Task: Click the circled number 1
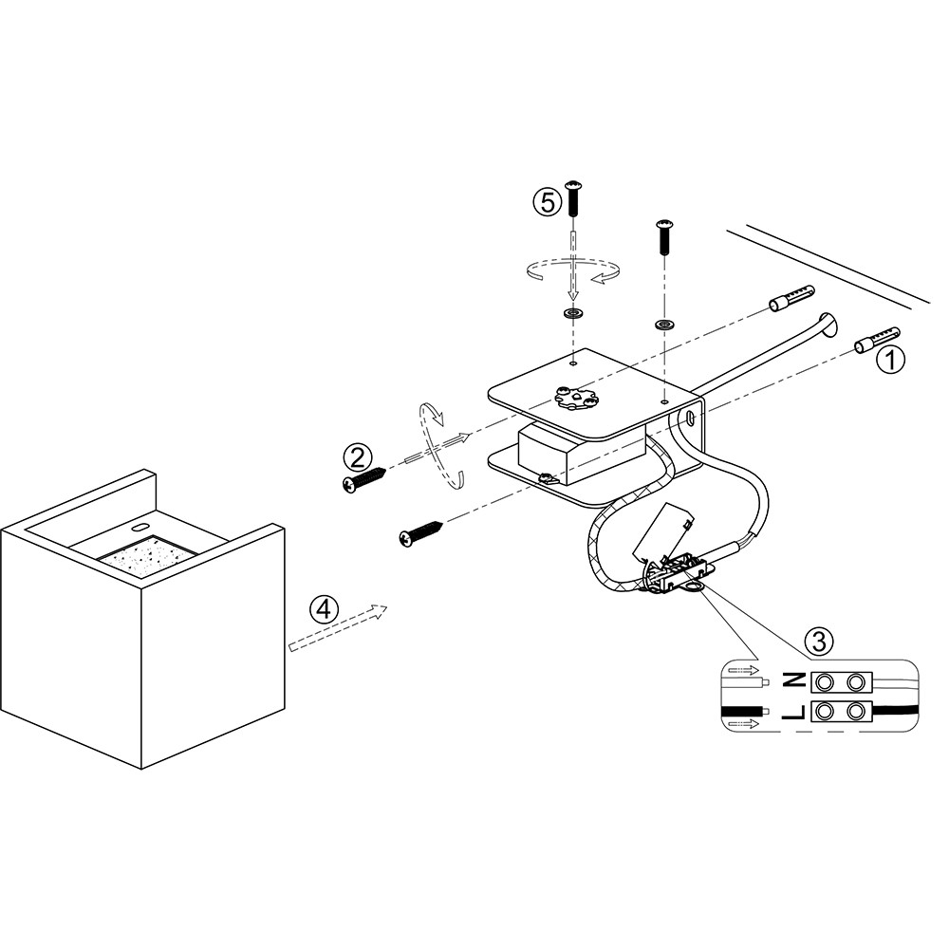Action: [x=890, y=360]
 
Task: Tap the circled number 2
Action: [x=357, y=457]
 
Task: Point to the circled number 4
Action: [x=325, y=608]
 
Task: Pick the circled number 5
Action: [x=546, y=202]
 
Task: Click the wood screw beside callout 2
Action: [x=364, y=477]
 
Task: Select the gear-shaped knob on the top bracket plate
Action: [x=572, y=398]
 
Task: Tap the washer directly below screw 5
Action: [x=572, y=313]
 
